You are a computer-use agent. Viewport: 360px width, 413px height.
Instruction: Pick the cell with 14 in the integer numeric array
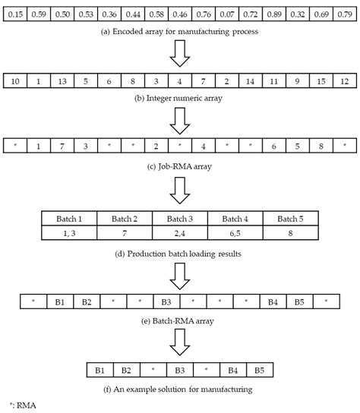coord(248,80)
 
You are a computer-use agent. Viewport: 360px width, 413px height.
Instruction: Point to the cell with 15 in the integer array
coord(320,80)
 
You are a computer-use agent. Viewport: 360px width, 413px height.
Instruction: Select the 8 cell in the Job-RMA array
coord(320,145)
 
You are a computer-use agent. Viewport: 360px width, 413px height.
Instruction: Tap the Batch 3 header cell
coord(180,218)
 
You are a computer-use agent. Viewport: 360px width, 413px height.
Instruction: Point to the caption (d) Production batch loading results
coord(180,254)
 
